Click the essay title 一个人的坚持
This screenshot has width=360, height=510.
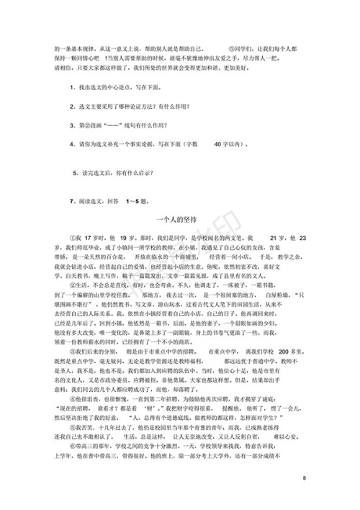tap(180, 218)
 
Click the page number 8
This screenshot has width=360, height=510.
tap(305, 478)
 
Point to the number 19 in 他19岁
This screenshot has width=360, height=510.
tap(121, 237)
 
